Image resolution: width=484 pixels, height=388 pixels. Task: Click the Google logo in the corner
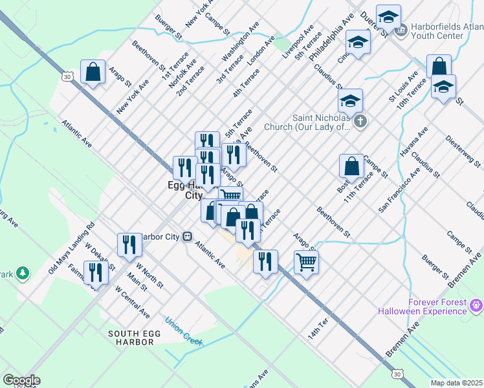(21, 380)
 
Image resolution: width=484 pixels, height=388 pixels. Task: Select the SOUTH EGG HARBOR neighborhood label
(122, 337)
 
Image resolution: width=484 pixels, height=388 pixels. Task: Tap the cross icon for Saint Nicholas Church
(360, 120)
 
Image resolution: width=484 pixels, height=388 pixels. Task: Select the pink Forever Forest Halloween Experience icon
(476, 304)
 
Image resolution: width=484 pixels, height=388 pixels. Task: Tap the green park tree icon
(23, 274)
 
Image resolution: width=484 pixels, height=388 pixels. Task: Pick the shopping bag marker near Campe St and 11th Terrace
(351, 166)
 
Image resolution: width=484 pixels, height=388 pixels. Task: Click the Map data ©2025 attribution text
(456, 383)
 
